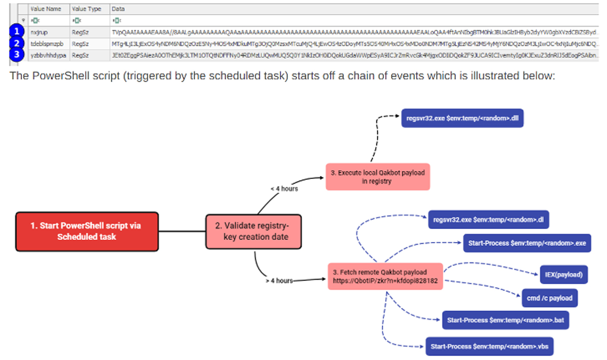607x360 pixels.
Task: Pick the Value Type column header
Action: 86,9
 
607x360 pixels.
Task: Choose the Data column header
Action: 118,9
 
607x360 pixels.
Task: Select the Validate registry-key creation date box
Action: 253,232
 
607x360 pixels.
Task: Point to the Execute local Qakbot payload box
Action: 377,176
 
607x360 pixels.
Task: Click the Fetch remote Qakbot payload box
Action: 385,276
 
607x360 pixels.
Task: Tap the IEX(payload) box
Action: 563,275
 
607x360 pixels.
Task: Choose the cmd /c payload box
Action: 549,298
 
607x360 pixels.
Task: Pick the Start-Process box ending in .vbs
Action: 489,347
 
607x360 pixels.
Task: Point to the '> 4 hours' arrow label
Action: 278,280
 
